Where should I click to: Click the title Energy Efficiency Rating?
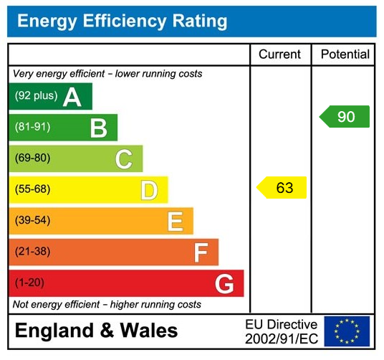click(122, 21)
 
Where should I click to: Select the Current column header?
click(279, 55)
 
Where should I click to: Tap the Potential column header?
click(345, 55)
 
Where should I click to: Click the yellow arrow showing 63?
click(282, 188)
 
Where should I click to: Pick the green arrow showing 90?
click(345, 116)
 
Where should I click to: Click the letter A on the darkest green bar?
click(72, 97)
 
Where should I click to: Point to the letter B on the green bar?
click(98, 128)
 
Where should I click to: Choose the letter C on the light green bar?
click(124, 159)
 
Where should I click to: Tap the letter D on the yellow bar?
click(148, 190)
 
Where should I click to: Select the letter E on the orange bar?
click(175, 222)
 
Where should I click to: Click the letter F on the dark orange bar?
click(201, 252)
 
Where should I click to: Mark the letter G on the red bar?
click(224, 284)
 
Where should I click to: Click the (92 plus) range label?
click(36, 96)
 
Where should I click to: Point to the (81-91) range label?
click(33, 128)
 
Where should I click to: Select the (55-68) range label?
click(33, 190)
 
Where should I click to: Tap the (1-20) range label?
click(30, 283)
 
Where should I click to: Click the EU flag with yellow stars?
click(347, 331)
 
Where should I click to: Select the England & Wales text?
click(96, 331)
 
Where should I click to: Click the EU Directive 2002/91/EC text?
click(281, 331)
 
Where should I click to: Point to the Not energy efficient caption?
click(107, 305)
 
